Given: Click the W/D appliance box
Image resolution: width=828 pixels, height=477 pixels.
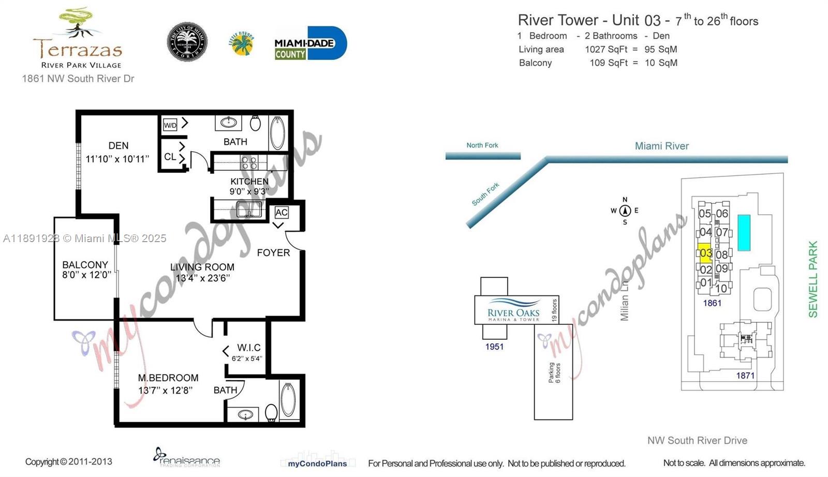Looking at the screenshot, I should pos(170,125).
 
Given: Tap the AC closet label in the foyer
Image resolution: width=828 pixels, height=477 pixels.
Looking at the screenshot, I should pos(282,212).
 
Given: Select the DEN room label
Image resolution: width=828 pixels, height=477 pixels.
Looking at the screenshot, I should pos(119,146).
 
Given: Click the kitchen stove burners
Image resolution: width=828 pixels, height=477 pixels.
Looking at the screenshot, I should pos(249,163).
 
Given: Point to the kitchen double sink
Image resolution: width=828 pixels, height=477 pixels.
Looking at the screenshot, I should pos(249,210).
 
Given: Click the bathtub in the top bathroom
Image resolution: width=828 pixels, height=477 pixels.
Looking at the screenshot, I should pos(278,133).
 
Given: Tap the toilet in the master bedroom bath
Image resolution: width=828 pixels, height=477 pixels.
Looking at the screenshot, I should pos(271,413).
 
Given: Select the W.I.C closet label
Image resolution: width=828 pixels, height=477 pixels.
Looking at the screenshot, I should pos(248,348).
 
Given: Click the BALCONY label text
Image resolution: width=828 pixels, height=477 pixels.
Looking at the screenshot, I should pos(85,264).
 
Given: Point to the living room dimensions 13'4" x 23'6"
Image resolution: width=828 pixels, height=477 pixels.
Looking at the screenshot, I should pos(202,278).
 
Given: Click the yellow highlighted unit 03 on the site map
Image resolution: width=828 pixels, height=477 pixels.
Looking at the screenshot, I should pos(705,253).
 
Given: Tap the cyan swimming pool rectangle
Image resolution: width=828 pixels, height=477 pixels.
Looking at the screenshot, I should pos(744,233).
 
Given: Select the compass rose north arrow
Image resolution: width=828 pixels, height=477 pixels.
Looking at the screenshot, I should pos(625,210).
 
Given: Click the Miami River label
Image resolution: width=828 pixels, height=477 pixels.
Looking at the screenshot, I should pos(661,146).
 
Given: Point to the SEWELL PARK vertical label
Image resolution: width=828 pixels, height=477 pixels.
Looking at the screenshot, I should pos(812,279).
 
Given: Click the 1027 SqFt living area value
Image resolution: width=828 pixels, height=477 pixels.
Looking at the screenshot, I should pos(605,49).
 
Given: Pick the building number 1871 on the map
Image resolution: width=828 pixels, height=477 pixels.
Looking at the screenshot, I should pos(745,376).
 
